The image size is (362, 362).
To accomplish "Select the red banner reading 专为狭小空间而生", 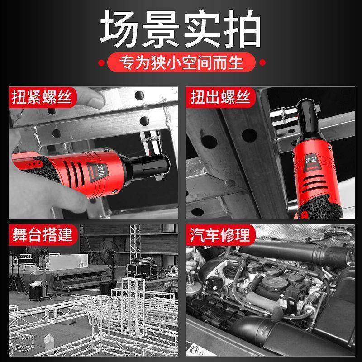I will [x=181, y=62].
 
